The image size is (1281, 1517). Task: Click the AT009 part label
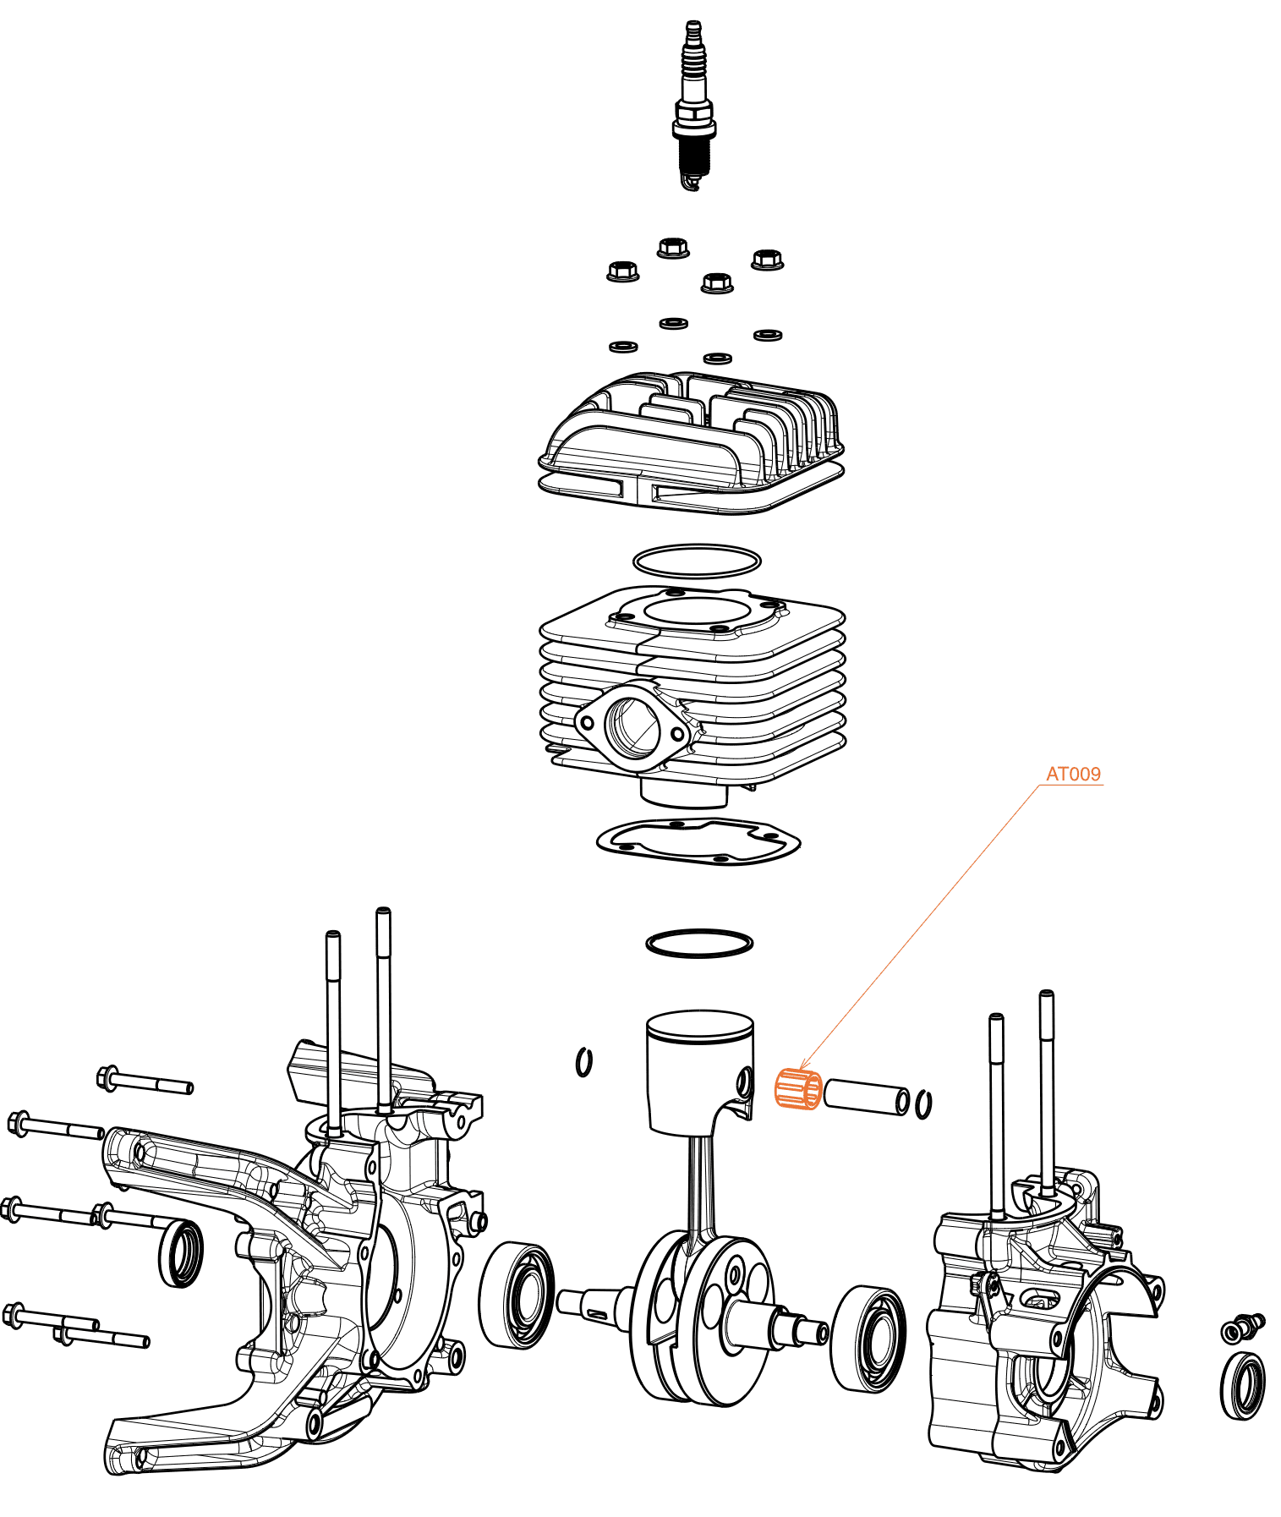pos(1073,774)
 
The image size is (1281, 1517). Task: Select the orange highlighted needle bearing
pos(798,1088)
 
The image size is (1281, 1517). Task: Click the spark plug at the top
pos(694,105)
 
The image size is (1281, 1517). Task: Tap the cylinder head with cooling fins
pos(691,442)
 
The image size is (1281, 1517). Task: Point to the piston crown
pos(699,1026)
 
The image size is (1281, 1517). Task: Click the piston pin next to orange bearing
pos(867,1097)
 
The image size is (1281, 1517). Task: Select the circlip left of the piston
pos(583,1062)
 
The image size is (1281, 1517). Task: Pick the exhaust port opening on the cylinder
pos(632,726)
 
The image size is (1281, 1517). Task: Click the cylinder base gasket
pos(698,841)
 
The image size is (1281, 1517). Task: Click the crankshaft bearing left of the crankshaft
pos(517,1295)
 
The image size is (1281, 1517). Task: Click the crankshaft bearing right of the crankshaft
pos(868,1339)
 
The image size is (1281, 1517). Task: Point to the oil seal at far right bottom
pos(1243,1385)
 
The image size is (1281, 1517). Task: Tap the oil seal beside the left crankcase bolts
pos(181,1253)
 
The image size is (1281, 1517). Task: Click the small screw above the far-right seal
pos(1243,1328)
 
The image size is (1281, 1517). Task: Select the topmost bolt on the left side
pos(145,1081)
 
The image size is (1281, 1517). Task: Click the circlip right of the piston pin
pos(924,1104)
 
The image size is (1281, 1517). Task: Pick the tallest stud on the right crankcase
pos(1047,1091)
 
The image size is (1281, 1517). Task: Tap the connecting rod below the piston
pos(700,1192)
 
